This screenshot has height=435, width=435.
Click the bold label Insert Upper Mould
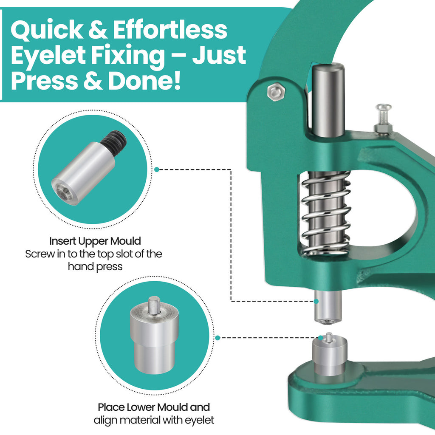[x=95, y=241]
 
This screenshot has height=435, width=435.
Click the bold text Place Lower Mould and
[x=154, y=407]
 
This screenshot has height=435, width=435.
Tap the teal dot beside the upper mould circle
[x=157, y=169]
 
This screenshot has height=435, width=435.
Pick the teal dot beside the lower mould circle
[x=218, y=338]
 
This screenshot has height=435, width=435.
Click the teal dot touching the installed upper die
[x=316, y=301]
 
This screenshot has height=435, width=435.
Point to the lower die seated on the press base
[x=330, y=354]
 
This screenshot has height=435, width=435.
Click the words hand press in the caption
[x=95, y=267]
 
